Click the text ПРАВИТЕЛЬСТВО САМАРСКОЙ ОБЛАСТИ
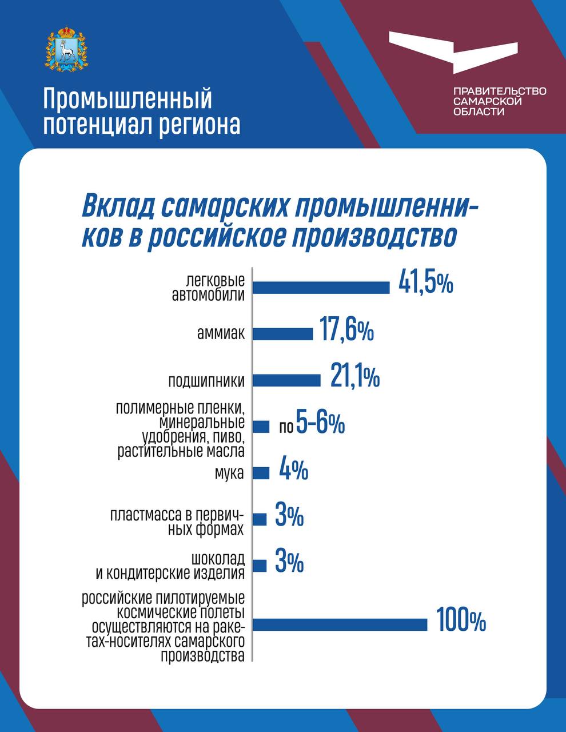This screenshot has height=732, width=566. (500, 101)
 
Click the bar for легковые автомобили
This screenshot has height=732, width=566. (321, 287)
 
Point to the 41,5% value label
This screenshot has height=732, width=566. (426, 284)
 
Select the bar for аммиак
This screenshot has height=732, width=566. (283, 334)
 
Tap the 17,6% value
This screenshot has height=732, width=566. (346, 331)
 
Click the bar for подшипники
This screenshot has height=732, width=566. (286, 380)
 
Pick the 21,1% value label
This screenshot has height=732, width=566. (354, 377)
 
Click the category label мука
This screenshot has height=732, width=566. (229, 474)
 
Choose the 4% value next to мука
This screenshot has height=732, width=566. (294, 470)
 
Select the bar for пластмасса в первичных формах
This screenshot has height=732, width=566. (260, 519)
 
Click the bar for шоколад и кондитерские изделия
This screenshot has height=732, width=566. (260, 566)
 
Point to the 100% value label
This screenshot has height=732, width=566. (461, 621)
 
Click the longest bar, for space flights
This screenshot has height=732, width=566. (340, 624)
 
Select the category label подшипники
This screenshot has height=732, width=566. (206, 381)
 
